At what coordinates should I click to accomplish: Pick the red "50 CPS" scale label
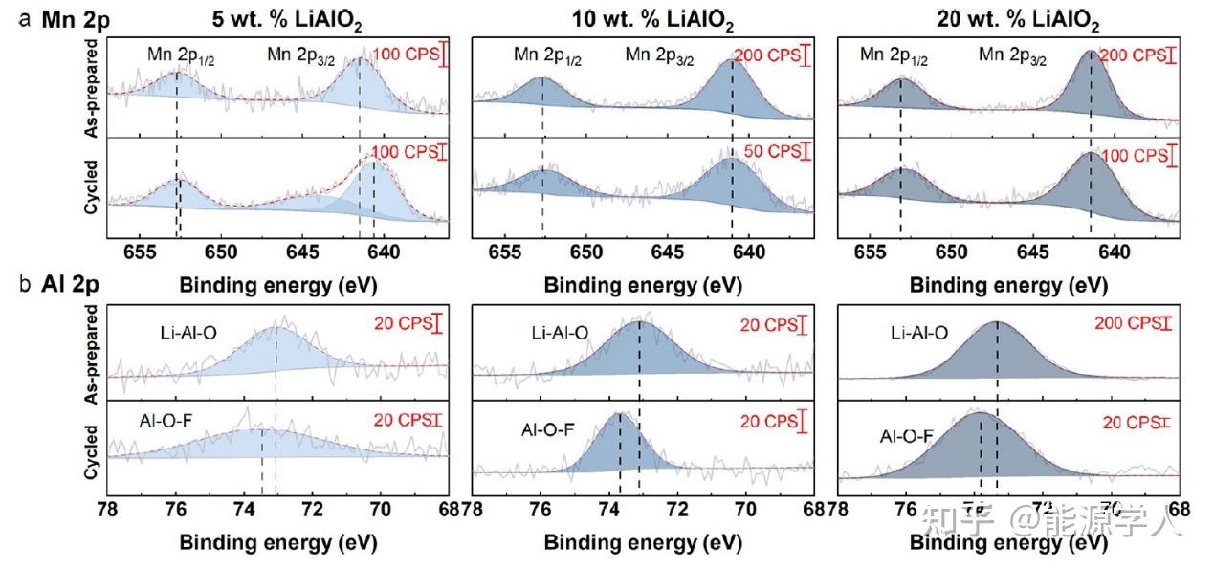(768, 152)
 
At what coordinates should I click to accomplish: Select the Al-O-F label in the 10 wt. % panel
(548, 429)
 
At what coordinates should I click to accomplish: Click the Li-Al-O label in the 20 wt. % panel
(918, 333)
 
